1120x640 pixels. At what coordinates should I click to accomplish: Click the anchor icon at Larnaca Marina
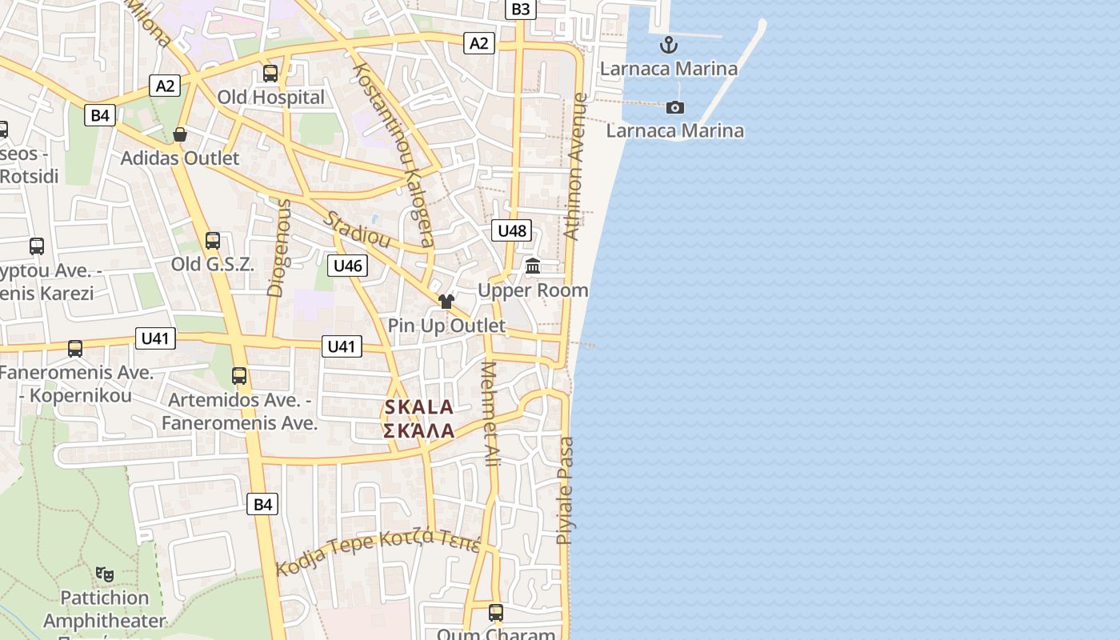click(x=668, y=45)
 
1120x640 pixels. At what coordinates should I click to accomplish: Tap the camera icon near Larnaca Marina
click(x=675, y=107)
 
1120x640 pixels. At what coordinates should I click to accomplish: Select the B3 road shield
click(x=520, y=9)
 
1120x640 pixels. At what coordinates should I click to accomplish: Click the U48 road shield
click(x=512, y=231)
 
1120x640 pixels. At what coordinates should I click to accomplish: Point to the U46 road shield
click(x=347, y=266)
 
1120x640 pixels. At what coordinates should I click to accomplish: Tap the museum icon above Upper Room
click(x=533, y=266)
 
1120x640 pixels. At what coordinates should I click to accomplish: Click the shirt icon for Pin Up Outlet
click(x=446, y=302)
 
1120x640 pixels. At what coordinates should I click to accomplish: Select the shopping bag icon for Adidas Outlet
click(x=180, y=134)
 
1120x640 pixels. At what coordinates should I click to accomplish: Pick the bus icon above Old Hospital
click(x=270, y=74)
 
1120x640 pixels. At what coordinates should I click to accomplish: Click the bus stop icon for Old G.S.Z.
click(x=212, y=240)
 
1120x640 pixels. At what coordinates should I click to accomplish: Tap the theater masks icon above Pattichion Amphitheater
click(x=105, y=574)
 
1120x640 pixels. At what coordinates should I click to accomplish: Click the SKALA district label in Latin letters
click(x=419, y=407)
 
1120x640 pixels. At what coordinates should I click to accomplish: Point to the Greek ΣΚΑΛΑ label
click(x=419, y=431)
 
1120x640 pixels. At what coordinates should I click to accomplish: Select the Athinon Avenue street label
click(x=576, y=166)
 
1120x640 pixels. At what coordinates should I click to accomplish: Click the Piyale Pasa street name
click(x=566, y=490)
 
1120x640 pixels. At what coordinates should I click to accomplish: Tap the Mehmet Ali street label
click(x=490, y=414)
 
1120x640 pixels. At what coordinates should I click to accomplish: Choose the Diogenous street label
click(x=279, y=248)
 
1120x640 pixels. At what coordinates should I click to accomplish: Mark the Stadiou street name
click(x=357, y=229)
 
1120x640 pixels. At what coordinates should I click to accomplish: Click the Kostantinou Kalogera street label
click(x=394, y=154)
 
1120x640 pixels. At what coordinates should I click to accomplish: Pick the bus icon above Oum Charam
click(x=496, y=613)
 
